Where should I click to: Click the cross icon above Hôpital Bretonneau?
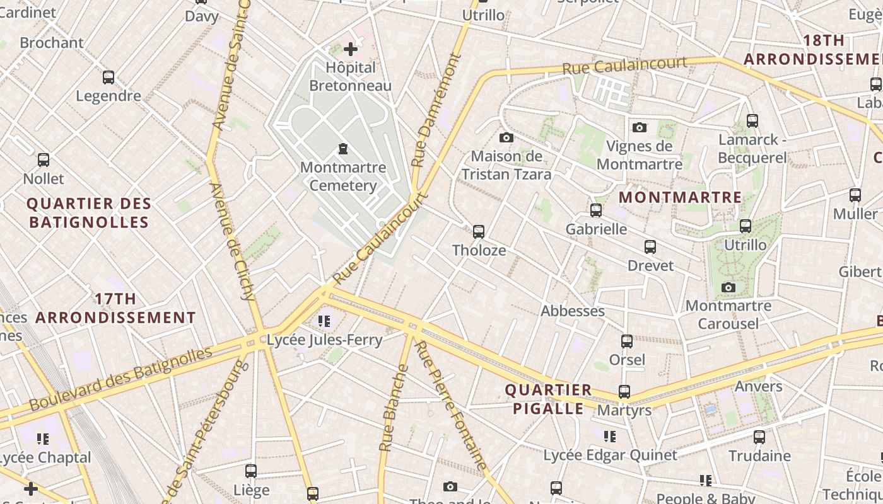click(x=351, y=49)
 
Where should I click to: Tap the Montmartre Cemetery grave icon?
click(x=342, y=149)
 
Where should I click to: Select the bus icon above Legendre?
click(x=108, y=77)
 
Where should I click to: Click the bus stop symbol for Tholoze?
click(x=479, y=231)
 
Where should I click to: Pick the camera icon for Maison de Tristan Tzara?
click(x=506, y=137)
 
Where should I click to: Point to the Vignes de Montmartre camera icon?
click(x=640, y=127)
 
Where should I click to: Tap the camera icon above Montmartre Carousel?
click(x=728, y=287)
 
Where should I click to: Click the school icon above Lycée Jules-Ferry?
click(x=324, y=321)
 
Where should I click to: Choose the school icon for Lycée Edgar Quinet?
click(x=610, y=436)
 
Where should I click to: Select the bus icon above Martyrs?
click(x=624, y=392)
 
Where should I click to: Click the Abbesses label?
click(x=573, y=311)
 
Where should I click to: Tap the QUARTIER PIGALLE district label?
click(x=549, y=399)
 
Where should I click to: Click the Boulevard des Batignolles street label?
click(x=120, y=377)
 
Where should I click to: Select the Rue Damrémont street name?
click(x=436, y=111)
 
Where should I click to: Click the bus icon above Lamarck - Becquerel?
click(x=752, y=121)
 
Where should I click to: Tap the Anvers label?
click(x=759, y=386)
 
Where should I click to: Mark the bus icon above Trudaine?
click(x=759, y=437)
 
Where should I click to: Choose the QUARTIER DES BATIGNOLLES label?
click(x=89, y=213)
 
